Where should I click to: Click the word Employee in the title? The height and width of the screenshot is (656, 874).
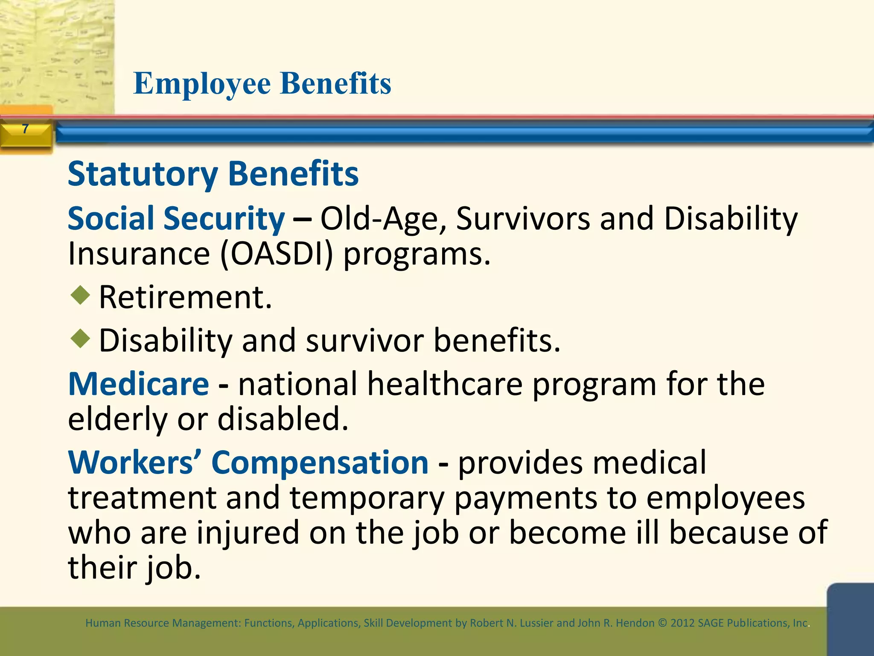pyautogui.click(x=202, y=84)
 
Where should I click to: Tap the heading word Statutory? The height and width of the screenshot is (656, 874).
pyautogui.click(x=143, y=174)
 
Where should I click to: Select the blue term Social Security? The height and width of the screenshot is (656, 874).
pyautogui.click(x=176, y=219)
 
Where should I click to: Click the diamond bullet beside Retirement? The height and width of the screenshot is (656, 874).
pyautogui.click(x=80, y=296)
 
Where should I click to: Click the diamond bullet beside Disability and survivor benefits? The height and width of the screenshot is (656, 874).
pyautogui.click(x=80, y=339)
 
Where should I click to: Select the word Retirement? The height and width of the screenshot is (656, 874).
pyautogui.click(x=185, y=297)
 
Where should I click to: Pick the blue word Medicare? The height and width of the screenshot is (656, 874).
pyautogui.click(x=139, y=384)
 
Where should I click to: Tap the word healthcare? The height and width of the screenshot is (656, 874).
pyautogui.click(x=445, y=384)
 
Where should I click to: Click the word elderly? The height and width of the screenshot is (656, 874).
pyautogui.click(x=117, y=419)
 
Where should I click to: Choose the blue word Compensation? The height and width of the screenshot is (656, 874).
pyautogui.click(x=320, y=463)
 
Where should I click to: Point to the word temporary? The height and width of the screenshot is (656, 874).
pyautogui.click(x=367, y=498)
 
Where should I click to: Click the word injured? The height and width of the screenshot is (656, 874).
pyautogui.click(x=248, y=533)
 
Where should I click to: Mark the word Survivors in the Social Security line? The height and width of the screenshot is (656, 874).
pyautogui.click(x=523, y=219)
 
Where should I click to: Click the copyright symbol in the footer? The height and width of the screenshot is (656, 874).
pyautogui.click(x=662, y=623)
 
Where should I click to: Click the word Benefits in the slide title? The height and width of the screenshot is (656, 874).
pyautogui.click(x=336, y=84)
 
